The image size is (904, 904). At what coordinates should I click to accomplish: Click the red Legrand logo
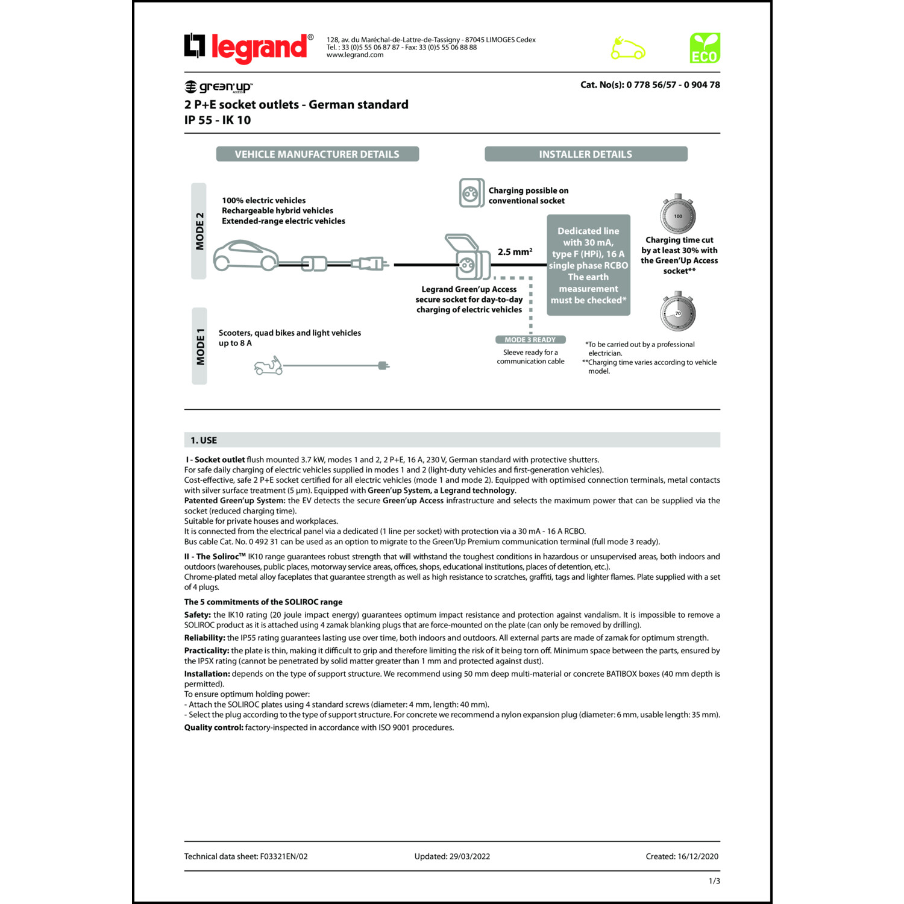[x=249, y=48]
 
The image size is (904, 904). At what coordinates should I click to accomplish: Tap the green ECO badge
[x=705, y=48]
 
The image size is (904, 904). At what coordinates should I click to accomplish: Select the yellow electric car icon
[x=627, y=49]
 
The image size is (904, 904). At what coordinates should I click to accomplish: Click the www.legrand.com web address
[x=355, y=55]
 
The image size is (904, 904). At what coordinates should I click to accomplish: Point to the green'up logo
[x=218, y=87]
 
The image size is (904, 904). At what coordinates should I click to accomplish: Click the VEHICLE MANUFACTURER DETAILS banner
[x=317, y=154]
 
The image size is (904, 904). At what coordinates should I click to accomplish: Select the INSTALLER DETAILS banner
[x=585, y=154]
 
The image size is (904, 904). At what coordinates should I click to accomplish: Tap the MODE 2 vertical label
[x=199, y=231]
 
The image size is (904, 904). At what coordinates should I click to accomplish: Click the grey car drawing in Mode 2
[x=246, y=256]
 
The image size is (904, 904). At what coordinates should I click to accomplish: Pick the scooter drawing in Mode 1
[x=268, y=366]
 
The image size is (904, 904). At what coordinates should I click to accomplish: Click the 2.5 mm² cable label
[x=515, y=252]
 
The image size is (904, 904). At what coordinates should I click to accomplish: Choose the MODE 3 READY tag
[x=530, y=340]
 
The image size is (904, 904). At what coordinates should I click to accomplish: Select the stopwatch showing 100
[x=678, y=215]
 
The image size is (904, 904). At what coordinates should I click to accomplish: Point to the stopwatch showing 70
[x=678, y=312]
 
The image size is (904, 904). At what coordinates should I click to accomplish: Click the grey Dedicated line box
[x=588, y=265]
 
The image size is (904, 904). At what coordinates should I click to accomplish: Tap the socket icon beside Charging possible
[x=471, y=193]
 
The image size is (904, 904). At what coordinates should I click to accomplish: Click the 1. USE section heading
[x=204, y=441]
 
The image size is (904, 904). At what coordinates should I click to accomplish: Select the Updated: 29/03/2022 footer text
[x=452, y=856]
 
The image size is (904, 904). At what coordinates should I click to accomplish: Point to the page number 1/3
[x=714, y=881]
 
